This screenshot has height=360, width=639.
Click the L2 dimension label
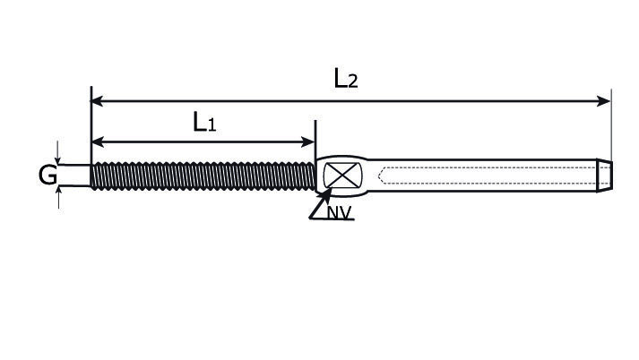(346, 78)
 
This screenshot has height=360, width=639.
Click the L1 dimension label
(204, 122)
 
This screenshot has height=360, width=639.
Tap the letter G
(47, 175)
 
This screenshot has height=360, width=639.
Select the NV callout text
(339, 212)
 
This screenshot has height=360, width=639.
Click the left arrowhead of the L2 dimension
(98, 101)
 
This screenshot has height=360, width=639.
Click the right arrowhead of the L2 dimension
(603, 101)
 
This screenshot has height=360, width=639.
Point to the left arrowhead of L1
(99, 141)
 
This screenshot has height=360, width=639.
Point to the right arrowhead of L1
(307, 141)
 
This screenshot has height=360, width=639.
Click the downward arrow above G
(58, 153)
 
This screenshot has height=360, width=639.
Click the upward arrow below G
(58, 197)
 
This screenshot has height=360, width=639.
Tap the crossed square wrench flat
(342, 176)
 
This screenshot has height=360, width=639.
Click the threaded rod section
(203, 176)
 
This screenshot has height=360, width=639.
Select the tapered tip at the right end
(604, 176)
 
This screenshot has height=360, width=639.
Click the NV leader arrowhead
(326, 194)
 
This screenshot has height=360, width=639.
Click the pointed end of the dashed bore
(379, 176)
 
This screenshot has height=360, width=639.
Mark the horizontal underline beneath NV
(332, 219)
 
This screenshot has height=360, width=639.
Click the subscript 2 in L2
(353, 81)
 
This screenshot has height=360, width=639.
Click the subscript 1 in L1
(212, 124)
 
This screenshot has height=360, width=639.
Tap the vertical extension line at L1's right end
(315, 140)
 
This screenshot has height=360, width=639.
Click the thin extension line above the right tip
(611, 124)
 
